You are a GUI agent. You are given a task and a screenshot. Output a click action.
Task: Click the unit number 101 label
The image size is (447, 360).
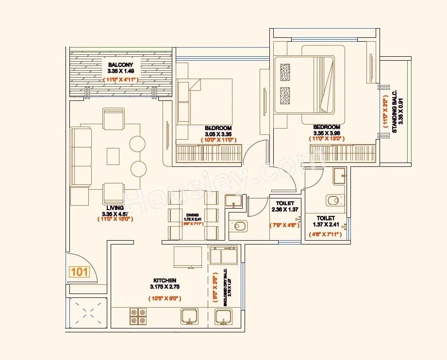[x=79, y=272]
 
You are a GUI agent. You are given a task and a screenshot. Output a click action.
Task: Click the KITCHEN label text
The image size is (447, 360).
[x=165, y=280]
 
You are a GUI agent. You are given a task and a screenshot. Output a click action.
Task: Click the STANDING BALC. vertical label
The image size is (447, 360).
[x=395, y=111]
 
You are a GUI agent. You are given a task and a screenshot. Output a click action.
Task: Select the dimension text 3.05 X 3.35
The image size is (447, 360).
[x=218, y=134]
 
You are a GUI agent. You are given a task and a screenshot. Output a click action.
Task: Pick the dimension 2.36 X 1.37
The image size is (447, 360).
[x=283, y=210]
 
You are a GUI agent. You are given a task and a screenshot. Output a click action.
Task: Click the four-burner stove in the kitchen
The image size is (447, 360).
[x=138, y=316]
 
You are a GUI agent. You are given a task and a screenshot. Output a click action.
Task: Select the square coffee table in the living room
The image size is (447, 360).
[x=113, y=155]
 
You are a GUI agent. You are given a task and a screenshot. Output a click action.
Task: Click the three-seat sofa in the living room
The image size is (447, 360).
[x=81, y=156]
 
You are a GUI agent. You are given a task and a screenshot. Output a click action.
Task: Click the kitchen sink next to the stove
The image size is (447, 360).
[x=189, y=316]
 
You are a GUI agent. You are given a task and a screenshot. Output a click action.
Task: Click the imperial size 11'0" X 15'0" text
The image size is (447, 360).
[x=116, y=219]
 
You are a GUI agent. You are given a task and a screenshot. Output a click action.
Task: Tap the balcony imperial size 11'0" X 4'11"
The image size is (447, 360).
[x=121, y=79]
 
